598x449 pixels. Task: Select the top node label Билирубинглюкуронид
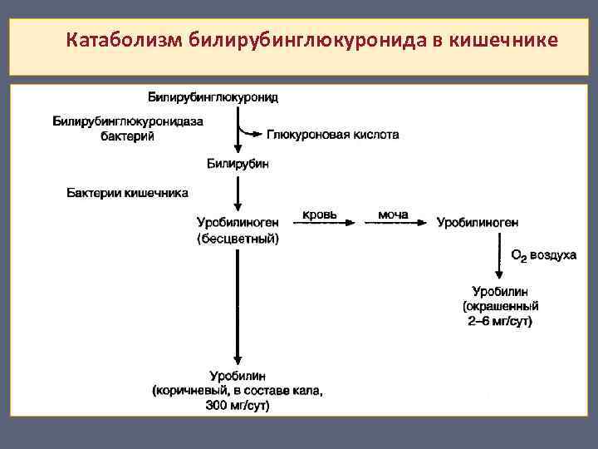pyautogui.click(x=213, y=97)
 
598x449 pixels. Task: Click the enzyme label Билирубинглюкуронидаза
pyautogui.click(x=128, y=121)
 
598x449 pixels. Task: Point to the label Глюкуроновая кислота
pyautogui.click(x=332, y=134)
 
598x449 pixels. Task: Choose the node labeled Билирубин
pyautogui.click(x=238, y=165)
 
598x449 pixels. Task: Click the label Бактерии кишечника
pyautogui.click(x=127, y=193)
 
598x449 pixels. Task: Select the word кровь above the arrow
pyautogui.click(x=319, y=215)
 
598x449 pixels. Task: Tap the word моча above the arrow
pyautogui.click(x=393, y=215)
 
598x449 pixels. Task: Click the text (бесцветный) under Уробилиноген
pyautogui.click(x=238, y=239)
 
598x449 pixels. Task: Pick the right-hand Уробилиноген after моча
pyautogui.click(x=478, y=222)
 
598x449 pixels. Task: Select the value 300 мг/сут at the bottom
pyautogui.click(x=238, y=406)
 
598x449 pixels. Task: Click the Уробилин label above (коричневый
pyautogui.click(x=238, y=376)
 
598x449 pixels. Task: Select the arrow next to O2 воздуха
pyautogui.click(x=498, y=258)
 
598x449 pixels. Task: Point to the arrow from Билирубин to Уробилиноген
pyautogui.click(x=238, y=191)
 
